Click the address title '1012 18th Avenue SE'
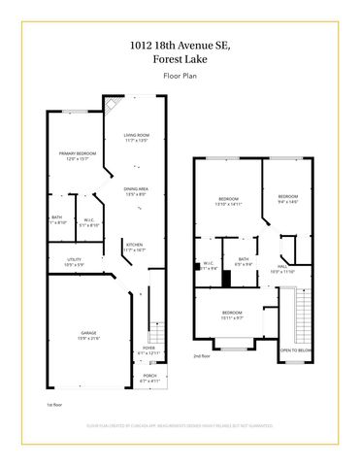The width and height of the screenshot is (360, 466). click(x=180, y=44)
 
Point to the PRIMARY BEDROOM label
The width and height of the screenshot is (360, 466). click(x=72, y=156)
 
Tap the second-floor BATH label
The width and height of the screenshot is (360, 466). click(x=243, y=260)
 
